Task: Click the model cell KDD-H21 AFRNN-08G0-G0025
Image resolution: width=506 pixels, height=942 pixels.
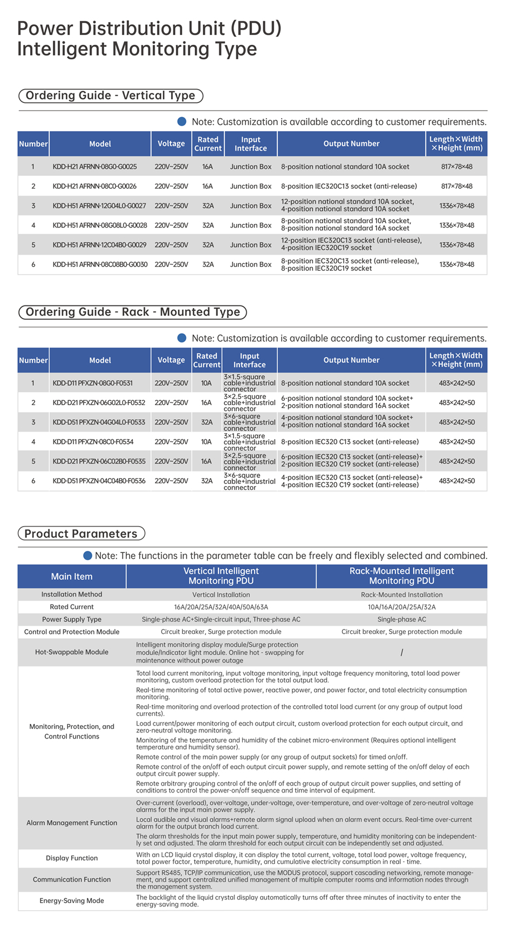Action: [x=94, y=167]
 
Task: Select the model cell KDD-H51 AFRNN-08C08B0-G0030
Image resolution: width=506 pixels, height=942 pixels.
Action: [x=100, y=264]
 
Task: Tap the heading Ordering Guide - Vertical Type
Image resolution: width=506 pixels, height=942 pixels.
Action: [x=111, y=95]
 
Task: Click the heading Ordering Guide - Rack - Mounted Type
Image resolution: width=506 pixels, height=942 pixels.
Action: [x=133, y=312]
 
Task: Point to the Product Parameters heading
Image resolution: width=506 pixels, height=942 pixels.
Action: [x=81, y=534]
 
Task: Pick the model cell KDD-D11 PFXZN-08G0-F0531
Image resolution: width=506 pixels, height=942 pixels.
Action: [x=92, y=383]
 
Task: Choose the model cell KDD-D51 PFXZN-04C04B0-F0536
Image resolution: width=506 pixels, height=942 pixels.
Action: [x=99, y=481]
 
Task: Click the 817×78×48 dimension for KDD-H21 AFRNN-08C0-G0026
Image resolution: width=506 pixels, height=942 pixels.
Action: [x=456, y=186]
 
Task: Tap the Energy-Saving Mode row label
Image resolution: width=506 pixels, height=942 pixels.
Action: [x=72, y=900]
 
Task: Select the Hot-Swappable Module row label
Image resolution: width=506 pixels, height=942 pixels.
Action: [x=72, y=652]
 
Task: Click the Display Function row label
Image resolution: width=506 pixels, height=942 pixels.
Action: [x=72, y=858]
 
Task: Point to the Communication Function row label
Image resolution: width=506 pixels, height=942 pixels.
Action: [x=72, y=879]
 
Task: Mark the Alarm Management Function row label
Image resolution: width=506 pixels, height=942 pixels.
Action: [x=72, y=823]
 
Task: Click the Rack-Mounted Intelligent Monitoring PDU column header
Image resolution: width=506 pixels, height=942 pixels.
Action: [x=401, y=576]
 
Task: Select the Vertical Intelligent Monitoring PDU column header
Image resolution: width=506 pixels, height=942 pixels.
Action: [x=221, y=576]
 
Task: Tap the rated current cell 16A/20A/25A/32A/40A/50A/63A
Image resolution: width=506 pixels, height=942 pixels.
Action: [x=221, y=607]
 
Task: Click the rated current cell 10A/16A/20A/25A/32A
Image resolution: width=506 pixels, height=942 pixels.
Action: [x=401, y=607]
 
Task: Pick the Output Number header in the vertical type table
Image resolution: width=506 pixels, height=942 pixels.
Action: [x=351, y=144]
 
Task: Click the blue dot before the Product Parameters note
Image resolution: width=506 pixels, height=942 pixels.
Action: [x=87, y=556]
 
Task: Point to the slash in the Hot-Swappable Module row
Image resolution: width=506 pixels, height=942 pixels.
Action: [x=401, y=652]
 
